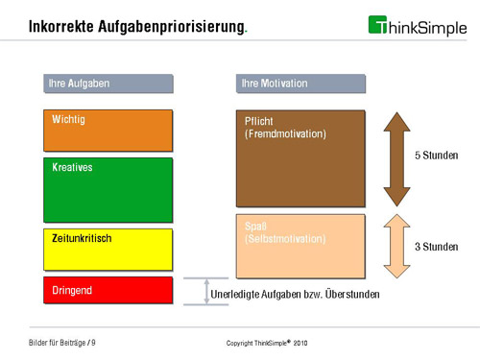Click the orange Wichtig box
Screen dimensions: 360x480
pyautogui.click(x=108, y=131)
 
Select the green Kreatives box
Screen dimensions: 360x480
pyautogui.click(x=108, y=190)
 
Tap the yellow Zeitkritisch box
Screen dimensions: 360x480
pyautogui.click(x=108, y=249)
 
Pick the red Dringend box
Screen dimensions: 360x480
pyautogui.click(x=108, y=289)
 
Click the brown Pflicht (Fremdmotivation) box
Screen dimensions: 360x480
pyautogui.click(x=300, y=158)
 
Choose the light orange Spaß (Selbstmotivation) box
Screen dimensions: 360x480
pyautogui.click(x=300, y=245)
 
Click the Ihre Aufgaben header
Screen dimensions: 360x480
pyautogui.click(x=108, y=84)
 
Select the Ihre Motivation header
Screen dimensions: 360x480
pyautogui.click(x=300, y=84)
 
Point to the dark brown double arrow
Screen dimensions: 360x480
pyautogui.click(x=396, y=158)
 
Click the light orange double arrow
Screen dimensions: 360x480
pyautogui.click(x=396, y=245)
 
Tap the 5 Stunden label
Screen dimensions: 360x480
pyautogui.click(x=436, y=156)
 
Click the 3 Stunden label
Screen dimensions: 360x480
pyautogui.click(x=436, y=247)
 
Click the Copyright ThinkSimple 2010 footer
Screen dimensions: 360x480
pyautogui.click(x=266, y=343)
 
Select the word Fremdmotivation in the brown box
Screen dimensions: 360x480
pyautogui.click(x=286, y=134)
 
